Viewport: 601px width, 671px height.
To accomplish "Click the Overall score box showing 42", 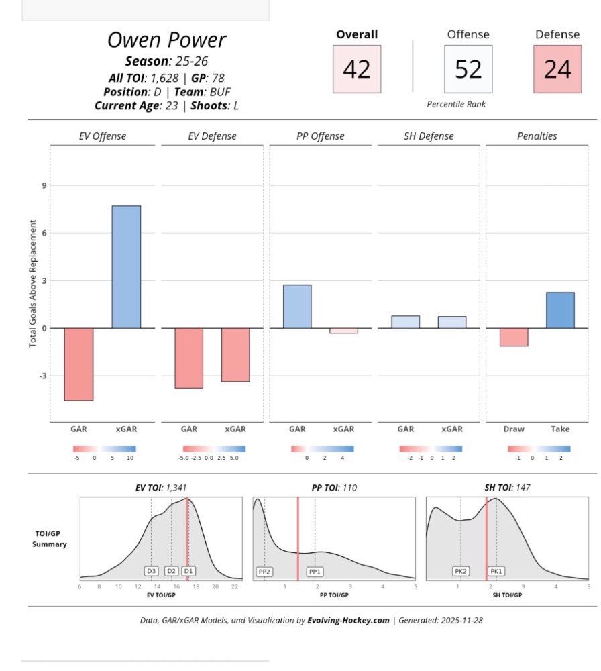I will [357, 69].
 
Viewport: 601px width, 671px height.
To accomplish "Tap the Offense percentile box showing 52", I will [468, 69].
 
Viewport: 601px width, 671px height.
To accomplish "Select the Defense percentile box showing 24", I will [557, 69].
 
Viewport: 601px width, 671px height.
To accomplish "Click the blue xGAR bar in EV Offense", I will [126, 266].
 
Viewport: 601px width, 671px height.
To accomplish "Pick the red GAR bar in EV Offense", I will [78, 364].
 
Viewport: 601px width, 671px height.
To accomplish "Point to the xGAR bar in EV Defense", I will [235, 354].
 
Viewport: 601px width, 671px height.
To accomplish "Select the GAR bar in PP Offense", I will [297, 307].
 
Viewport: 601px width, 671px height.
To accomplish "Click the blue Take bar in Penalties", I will [560, 310].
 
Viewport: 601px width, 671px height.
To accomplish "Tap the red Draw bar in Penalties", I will [514, 337].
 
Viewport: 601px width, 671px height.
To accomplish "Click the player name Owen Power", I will [166, 40].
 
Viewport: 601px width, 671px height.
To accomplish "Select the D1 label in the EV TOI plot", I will [188, 571].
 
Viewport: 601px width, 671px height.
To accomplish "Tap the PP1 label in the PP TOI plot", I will [315, 572].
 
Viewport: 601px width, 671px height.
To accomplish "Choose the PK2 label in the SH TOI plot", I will [460, 572].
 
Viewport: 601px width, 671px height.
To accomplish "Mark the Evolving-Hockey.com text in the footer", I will [347, 620].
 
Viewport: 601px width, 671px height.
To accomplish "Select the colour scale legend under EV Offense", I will [105, 449].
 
